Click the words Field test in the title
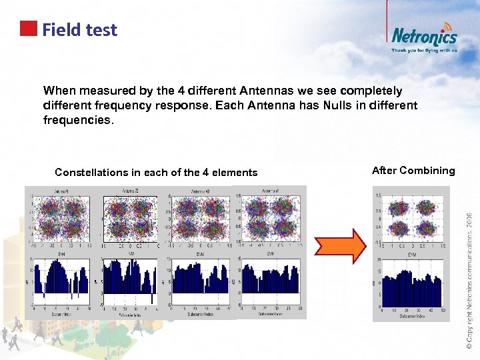click(79, 30)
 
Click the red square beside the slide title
click(29, 28)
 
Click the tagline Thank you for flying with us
click(424, 50)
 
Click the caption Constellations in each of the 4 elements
click(156, 173)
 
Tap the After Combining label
click(413, 171)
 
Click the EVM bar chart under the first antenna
click(61, 281)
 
